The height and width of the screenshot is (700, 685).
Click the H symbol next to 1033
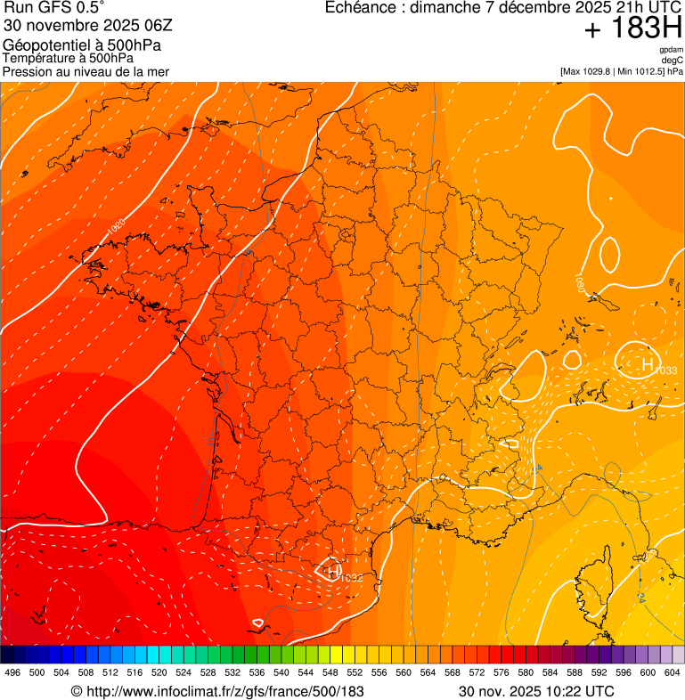pyautogui.click(x=647, y=362)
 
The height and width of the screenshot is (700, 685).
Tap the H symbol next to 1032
pyautogui.click(x=332, y=571)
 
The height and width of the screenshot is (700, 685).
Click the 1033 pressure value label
pyautogui.click(x=666, y=370)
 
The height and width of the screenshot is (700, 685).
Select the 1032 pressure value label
pyautogui.click(x=351, y=579)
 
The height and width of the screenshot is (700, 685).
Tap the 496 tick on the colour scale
pyautogui.click(x=12, y=672)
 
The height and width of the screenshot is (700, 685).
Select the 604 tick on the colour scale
pyautogui.click(x=672, y=672)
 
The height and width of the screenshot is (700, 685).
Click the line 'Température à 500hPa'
pyautogui.click(x=69, y=58)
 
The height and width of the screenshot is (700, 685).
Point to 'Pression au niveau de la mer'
pyautogui.click(x=86, y=71)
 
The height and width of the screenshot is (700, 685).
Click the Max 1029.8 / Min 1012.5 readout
pyautogui.click(x=621, y=71)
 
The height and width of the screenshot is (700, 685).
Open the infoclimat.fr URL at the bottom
pyautogui.click(x=217, y=691)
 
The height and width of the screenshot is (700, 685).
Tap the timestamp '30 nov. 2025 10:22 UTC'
pyautogui.click(x=536, y=691)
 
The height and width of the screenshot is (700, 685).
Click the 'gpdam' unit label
pyautogui.click(x=672, y=50)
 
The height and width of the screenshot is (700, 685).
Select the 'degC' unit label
pyautogui.click(x=673, y=61)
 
